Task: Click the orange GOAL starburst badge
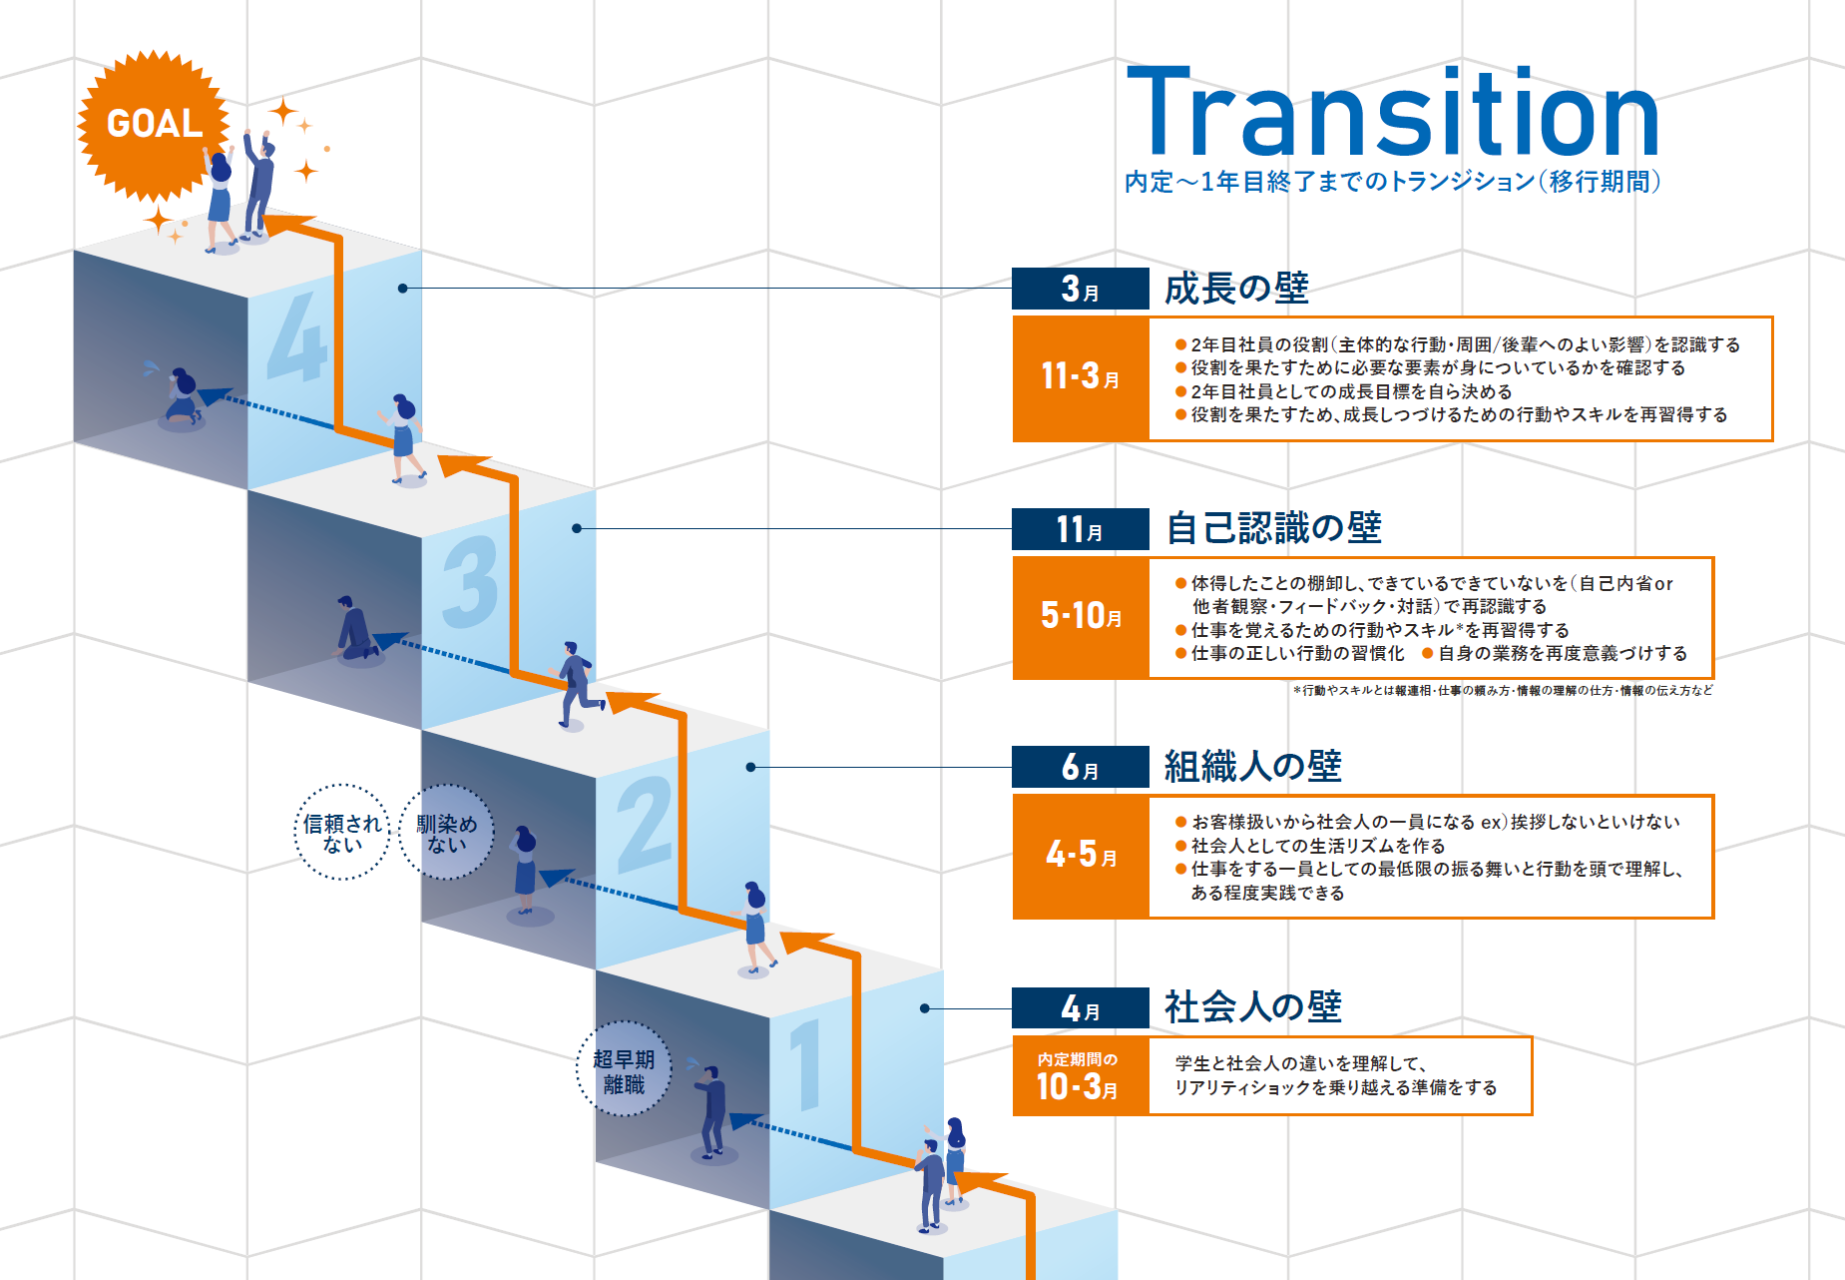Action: tap(154, 124)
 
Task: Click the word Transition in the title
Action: tap(1392, 112)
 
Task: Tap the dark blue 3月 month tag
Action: tap(1081, 289)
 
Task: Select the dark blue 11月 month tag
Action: tap(1081, 529)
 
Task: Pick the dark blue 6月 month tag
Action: tap(1081, 767)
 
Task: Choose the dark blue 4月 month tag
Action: tap(1081, 1007)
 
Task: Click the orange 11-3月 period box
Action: tap(1081, 377)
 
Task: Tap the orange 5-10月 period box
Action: tap(1081, 617)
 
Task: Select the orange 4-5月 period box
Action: tap(1081, 856)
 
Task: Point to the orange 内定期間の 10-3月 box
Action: tap(1079, 1075)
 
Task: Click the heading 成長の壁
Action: tap(1236, 289)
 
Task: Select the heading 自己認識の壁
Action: tap(1273, 528)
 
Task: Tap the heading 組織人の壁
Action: tap(1252, 767)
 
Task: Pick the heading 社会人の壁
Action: tap(1252, 1007)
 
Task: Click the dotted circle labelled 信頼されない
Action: tap(342, 833)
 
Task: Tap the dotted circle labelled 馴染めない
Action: tap(446, 833)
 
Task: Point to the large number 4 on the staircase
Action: tap(297, 337)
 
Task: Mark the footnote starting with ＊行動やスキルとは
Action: tap(1502, 691)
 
